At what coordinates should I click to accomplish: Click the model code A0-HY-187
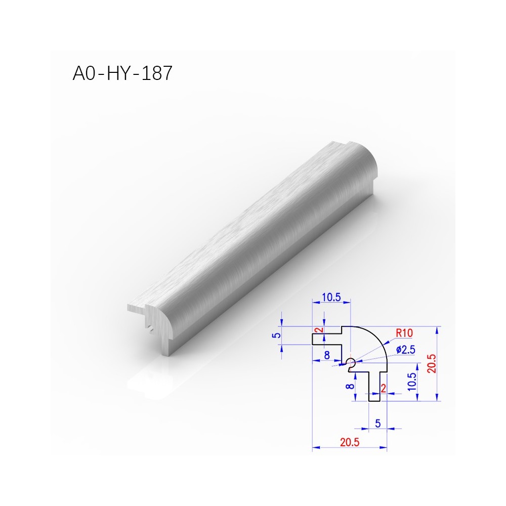pos(122,73)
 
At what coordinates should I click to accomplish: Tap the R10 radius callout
pos(404,333)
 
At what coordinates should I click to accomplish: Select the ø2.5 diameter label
pos(406,350)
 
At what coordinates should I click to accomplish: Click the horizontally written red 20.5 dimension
pos(350,442)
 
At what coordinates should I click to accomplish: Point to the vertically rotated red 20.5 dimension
pos(432,363)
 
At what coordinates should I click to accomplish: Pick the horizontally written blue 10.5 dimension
pos(331,297)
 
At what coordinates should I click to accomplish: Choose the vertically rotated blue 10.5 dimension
pos(412,382)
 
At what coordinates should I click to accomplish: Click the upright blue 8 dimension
pos(327,355)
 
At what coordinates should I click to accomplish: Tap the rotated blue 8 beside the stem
pos(350,386)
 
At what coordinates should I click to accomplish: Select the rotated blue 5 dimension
pos(277,335)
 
